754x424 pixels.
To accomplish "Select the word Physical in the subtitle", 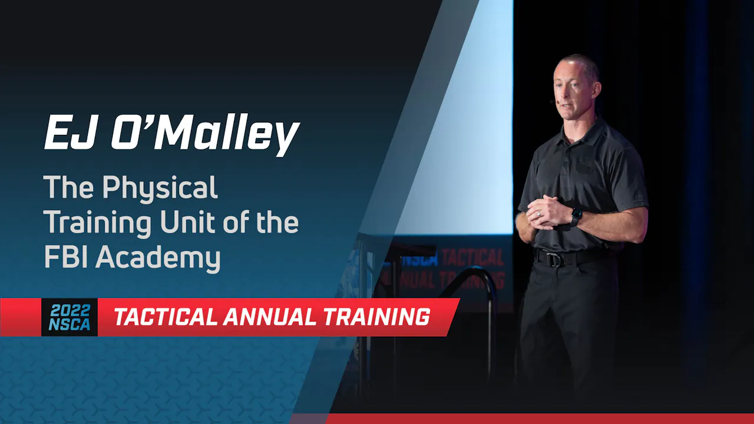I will (160, 188).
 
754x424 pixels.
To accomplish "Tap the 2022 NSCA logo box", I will (70, 317).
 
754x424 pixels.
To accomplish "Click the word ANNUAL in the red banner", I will (270, 317).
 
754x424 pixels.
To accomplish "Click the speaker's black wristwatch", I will (576, 216).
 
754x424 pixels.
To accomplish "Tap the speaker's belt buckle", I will (554, 259).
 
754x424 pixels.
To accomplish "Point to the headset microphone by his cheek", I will (553, 102).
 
